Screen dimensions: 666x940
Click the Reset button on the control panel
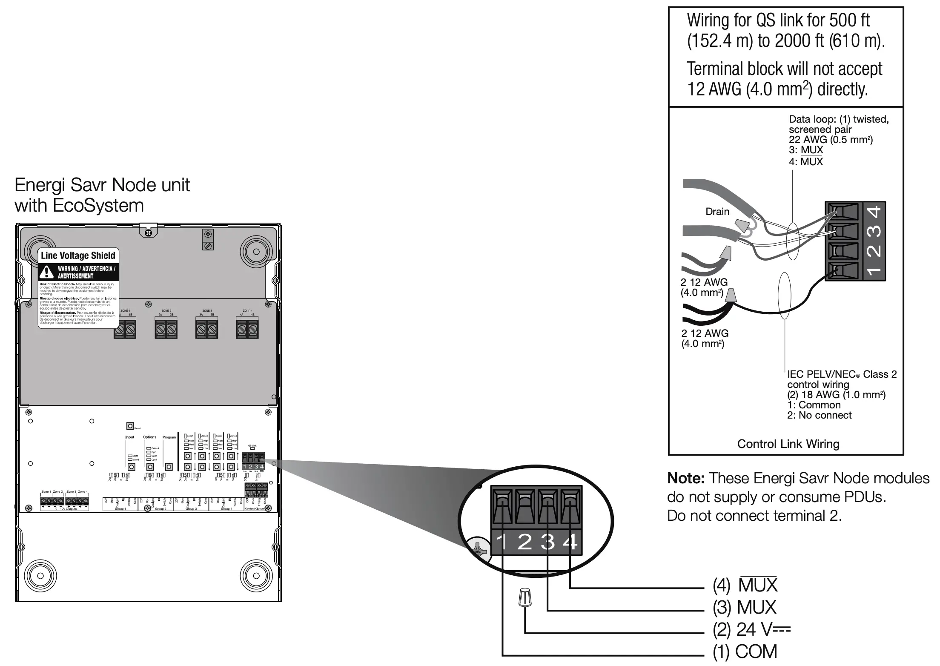(x=130, y=426)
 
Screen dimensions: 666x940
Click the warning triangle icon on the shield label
(x=47, y=272)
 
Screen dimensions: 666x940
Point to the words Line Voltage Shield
(x=78, y=255)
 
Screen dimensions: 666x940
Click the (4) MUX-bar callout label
(x=745, y=586)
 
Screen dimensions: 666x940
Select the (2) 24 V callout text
(x=751, y=629)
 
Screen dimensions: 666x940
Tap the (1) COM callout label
(x=745, y=652)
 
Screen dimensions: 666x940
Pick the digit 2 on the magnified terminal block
(x=524, y=542)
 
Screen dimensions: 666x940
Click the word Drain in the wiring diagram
(x=717, y=212)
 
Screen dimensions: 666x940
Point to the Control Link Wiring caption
(x=788, y=444)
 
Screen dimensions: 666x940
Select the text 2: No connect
(x=819, y=415)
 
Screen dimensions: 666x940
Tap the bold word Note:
(x=686, y=478)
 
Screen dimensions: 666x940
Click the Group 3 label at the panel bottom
(x=191, y=509)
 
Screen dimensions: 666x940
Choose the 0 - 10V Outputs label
(x=66, y=509)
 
